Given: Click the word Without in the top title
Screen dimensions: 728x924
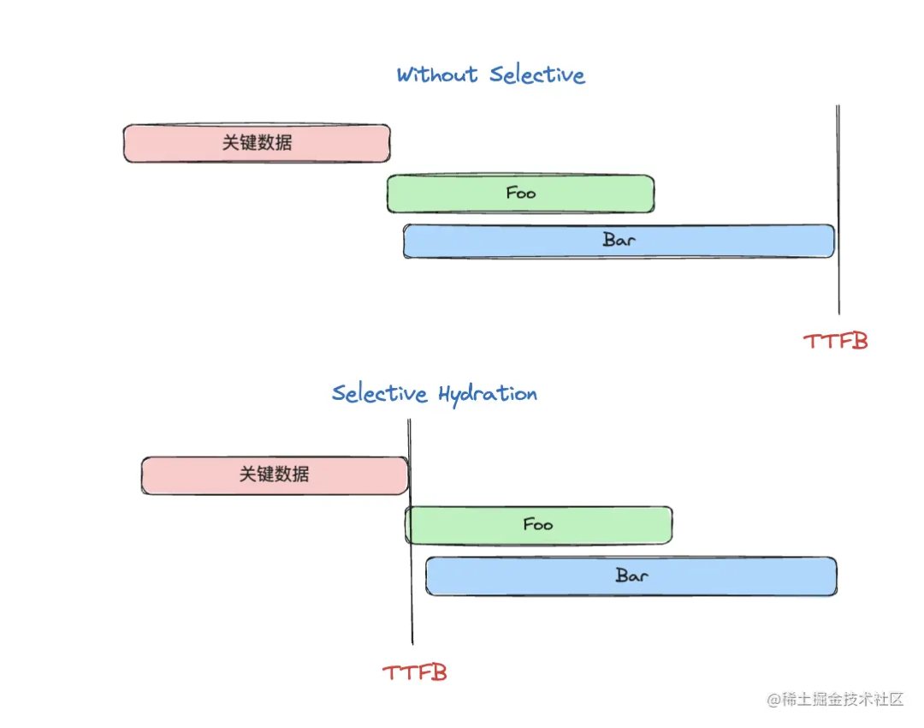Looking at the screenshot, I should [436, 75].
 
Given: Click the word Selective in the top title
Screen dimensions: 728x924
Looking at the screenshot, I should [537, 75].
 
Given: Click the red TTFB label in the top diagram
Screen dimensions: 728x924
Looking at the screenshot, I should [836, 341].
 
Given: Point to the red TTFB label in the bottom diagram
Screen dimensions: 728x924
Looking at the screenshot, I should [415, 672].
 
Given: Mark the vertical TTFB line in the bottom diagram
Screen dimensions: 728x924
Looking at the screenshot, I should [411, 617].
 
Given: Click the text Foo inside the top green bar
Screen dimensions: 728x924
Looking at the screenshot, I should [521, 193].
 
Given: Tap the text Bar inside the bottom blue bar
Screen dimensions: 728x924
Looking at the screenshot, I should [631, 576].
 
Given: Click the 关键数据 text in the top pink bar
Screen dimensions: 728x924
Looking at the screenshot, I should [257, 143].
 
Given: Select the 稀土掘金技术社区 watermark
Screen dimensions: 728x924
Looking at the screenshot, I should [835, 699].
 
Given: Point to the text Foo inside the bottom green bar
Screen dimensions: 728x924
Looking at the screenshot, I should [538, 524].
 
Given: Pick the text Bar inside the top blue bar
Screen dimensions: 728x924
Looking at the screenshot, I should [619, 240].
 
